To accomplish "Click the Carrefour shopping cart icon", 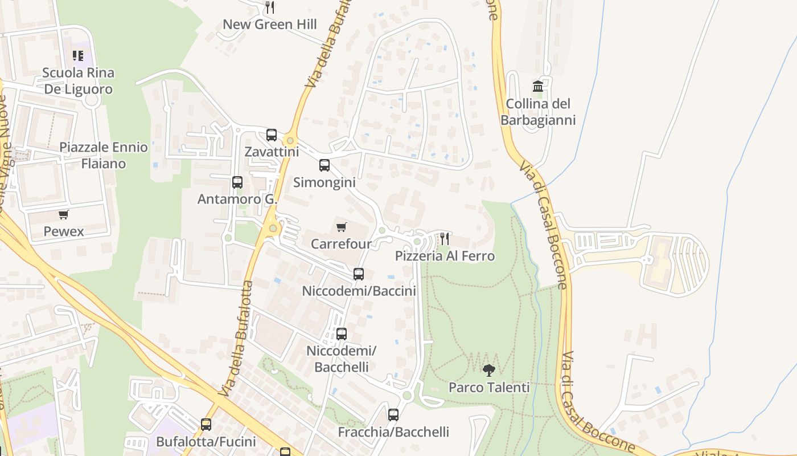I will (x=342, y=227).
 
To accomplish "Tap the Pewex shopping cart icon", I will (x=64, y=215).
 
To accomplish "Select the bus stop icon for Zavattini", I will (x=272, y=135).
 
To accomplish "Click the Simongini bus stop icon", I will (x=324, y=165).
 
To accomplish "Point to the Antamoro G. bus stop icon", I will (x=237, y=182).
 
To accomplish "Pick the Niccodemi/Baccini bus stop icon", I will (x=359, y=274).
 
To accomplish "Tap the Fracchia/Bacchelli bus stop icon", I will (x=393, y=415).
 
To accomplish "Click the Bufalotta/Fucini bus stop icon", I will (x=206, y=425).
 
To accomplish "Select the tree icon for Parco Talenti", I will (x=488, y=370).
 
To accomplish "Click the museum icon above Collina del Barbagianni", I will (x=538, y=87).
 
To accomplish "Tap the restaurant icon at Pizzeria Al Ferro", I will (x=445, y=238).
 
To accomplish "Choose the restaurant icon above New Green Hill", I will (x=270, y=7).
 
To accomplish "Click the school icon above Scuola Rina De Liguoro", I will (x=78, y=56).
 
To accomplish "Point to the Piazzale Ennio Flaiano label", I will (x=104, y=155).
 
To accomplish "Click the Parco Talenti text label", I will (x=489, y=388).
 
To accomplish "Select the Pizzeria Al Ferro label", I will (x=445, y=256).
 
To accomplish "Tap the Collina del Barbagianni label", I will (x=538, y=112).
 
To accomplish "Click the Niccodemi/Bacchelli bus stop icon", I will (x=342, y=334).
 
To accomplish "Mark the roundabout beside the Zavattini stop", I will (x=290, y=140).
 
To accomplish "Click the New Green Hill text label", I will (x=270, y=25).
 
